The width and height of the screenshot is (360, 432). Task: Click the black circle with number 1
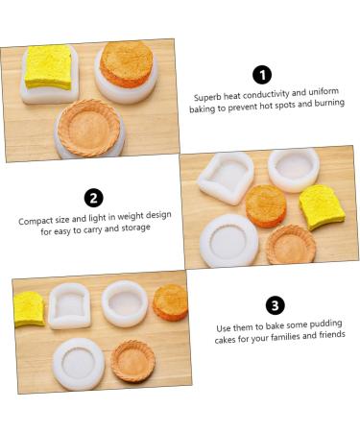[261, 75]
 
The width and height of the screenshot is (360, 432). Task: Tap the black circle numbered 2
[93, 198]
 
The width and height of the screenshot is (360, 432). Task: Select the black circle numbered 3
[276, 305]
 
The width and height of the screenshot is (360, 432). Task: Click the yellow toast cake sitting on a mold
[49, 66]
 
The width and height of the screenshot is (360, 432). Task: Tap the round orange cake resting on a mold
[126, 62]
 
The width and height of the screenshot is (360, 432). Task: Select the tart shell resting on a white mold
[89, 126]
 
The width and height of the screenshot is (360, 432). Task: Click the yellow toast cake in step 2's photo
[322, 205]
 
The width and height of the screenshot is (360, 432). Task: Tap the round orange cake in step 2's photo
[266, 204]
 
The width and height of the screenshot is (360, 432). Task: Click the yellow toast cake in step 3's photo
[29, 308]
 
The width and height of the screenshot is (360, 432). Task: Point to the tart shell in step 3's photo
[132, 360]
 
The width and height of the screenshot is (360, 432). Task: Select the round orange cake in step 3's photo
[171, 300]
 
